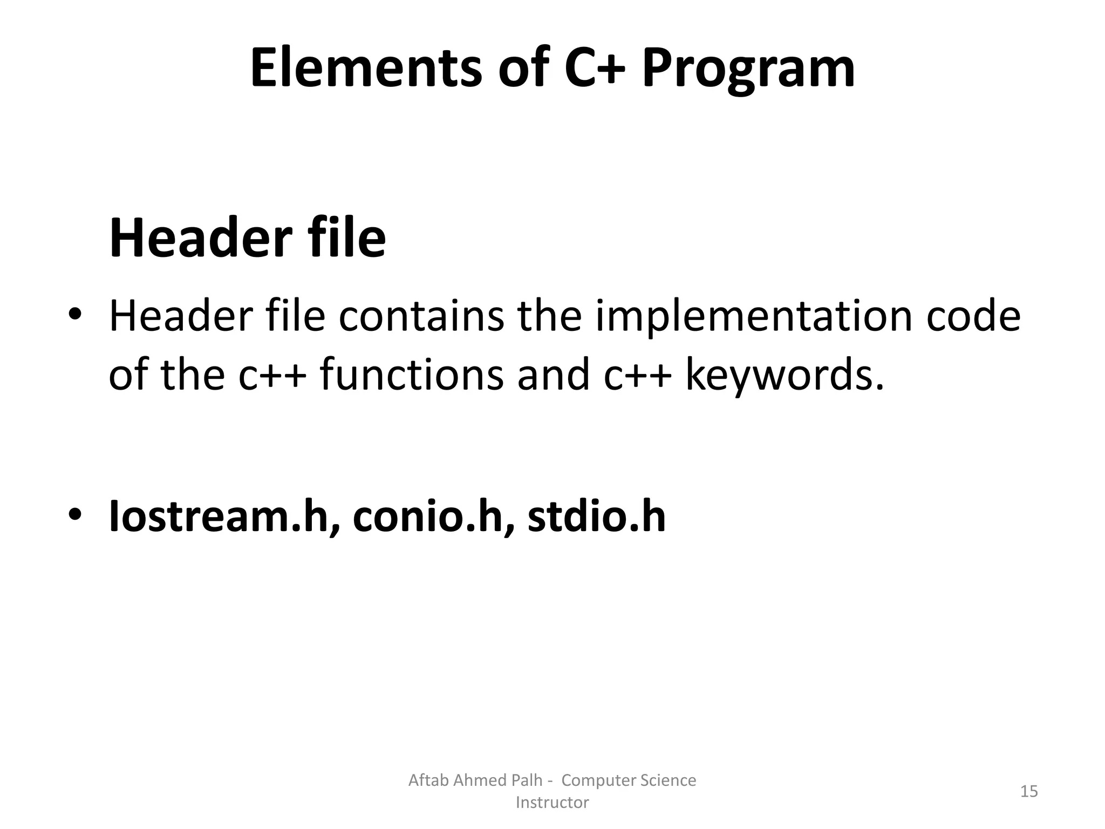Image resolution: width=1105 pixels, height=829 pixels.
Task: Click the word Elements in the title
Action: [366, 69]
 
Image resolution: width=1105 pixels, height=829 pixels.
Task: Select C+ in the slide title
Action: [595, 69]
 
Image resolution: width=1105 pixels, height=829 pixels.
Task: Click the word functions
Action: [411, 375]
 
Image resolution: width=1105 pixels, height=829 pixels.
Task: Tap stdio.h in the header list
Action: [596, 517]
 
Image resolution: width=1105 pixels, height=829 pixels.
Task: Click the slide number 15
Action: [1029, 791]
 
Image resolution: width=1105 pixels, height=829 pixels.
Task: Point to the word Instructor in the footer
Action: [552, 803]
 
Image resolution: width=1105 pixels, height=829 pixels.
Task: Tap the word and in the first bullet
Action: [553, 375]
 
